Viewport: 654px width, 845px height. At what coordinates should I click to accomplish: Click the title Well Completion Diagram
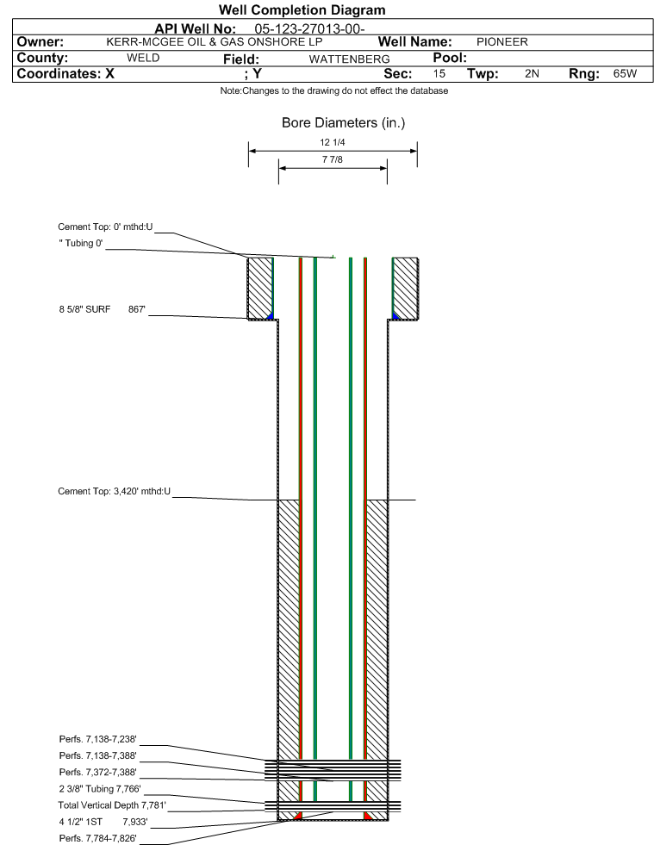[302, 9]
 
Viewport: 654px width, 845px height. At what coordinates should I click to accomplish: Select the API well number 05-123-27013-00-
[309, 28]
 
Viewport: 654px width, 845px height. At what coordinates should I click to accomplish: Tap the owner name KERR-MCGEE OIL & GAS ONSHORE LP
[214, 42]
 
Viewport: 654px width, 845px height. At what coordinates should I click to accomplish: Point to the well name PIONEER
[502, 42]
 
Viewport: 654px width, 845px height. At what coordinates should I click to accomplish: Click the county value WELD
[143, 58]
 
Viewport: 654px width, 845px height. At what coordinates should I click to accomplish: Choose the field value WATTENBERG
[349, 59]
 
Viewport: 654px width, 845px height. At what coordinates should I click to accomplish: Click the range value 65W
[625, 73]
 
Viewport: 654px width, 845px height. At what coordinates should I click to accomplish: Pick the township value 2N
[532, 73]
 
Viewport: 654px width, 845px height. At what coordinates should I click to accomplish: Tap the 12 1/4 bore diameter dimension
[332, 142]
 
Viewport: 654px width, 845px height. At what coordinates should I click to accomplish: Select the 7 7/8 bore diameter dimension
[332, 159]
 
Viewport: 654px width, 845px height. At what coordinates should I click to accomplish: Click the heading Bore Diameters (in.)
[343, 123]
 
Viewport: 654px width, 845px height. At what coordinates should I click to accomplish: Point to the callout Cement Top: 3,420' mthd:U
[115, 491]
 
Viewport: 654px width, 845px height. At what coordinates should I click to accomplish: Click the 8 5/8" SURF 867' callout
[103, 309]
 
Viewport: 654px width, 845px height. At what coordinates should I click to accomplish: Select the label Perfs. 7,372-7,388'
[97, 772]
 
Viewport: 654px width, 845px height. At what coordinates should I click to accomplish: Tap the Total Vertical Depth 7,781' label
[112, 805]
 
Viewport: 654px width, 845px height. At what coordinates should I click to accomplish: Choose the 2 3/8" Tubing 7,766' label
[100, 788]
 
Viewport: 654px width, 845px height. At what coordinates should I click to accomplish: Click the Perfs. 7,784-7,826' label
[97, 838]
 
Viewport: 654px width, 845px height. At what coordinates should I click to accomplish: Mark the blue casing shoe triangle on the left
[271, 316]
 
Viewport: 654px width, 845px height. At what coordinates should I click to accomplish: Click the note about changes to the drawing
[333, 90]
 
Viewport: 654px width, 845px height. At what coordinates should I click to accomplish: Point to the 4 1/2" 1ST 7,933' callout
[103, 822]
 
